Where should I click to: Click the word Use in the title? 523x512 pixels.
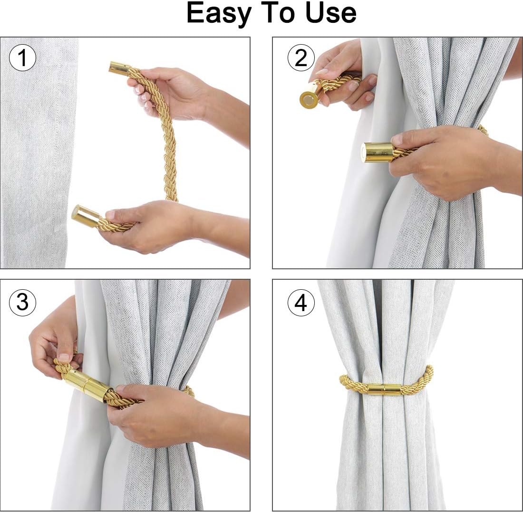(x=330, y=13)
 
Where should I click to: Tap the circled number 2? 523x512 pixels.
(x=301, y=58)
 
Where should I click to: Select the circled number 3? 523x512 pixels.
(x=22, y=303)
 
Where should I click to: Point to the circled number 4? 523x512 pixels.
(x=301, y=303)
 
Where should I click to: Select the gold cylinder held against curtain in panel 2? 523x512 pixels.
(x=379, y=152)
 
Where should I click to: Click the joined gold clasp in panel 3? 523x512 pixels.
(x=87, y=385)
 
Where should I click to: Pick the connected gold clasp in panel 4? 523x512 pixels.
(x=384, y=389)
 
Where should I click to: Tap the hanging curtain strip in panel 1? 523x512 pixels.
(x=38, y=152)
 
